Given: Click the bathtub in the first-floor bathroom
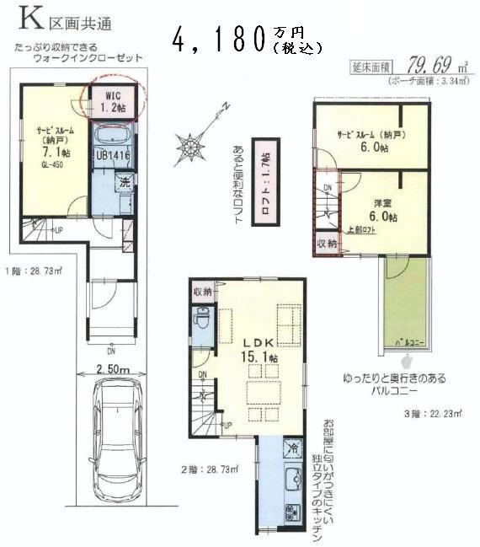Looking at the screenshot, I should [110, 137].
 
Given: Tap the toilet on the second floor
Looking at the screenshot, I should [203, 320].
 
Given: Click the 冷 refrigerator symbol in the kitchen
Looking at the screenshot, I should [291, 448].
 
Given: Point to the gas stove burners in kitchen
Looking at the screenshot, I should [292, 509].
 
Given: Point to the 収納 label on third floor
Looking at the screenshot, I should [326, 244].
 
